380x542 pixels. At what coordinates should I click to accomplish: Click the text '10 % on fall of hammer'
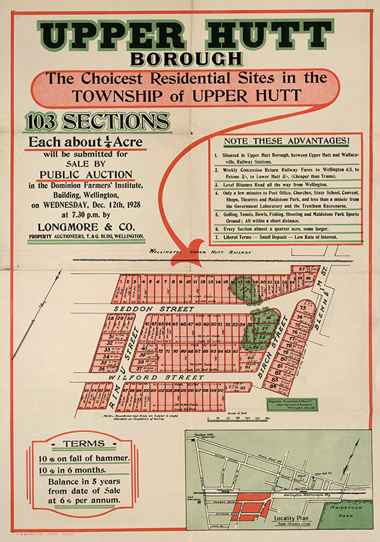pyautogui.click(x=83, y=458)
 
